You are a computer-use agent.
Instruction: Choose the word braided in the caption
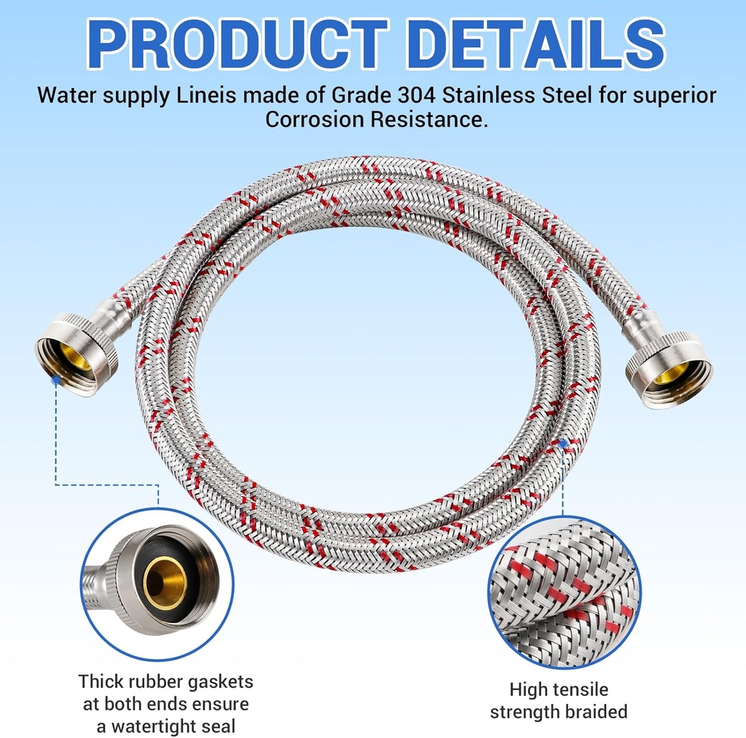point(593,712)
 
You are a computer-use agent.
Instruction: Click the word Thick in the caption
point(101,682)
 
